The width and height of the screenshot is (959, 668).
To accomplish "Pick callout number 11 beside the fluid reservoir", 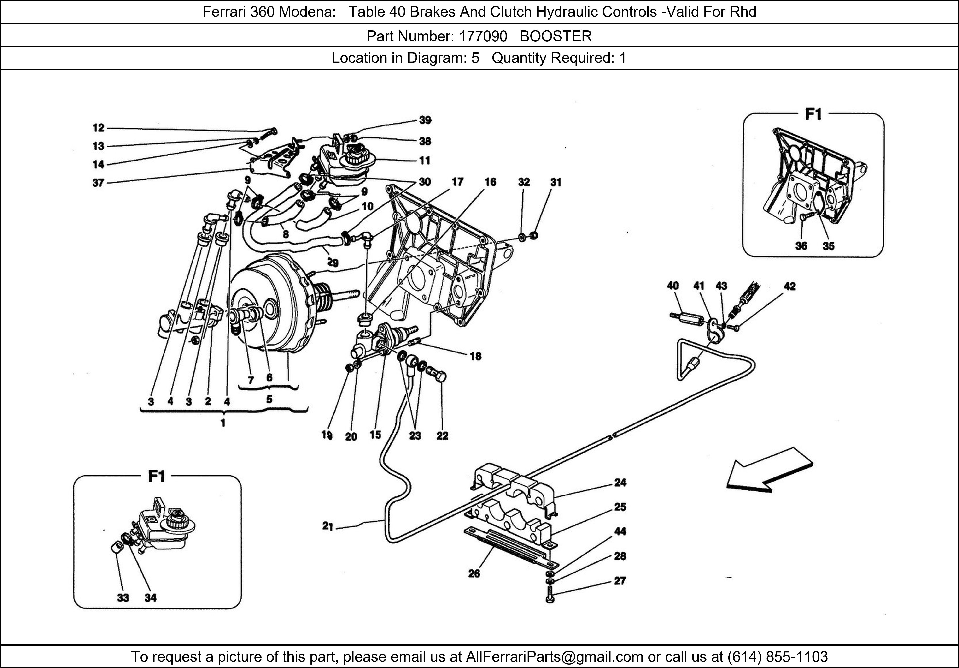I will click(425, 161).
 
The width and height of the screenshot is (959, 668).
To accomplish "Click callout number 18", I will click(475, 356).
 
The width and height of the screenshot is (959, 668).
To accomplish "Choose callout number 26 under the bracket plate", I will click(474, 573).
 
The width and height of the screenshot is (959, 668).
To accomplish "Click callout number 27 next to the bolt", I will click(620, 581).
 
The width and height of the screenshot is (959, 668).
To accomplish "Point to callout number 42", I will click(789, 286).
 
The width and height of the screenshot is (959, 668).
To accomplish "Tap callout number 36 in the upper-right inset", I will click(801, 246).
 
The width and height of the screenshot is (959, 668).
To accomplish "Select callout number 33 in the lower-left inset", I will click(123, 598).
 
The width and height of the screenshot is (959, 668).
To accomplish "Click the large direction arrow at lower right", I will click(769, 471).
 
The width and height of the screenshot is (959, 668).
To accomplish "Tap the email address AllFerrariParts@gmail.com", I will click(554, 657).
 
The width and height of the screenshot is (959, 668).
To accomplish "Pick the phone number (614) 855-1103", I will click(777, 657).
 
